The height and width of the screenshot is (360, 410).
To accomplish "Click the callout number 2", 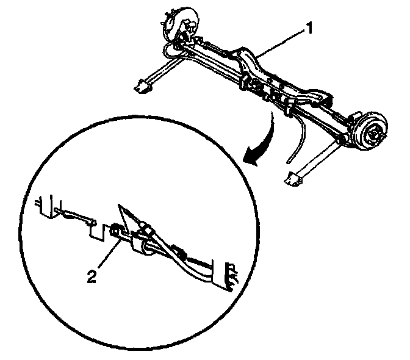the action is click(92, 276).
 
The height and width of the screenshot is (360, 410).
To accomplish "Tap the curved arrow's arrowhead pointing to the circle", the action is click(250, 158).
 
